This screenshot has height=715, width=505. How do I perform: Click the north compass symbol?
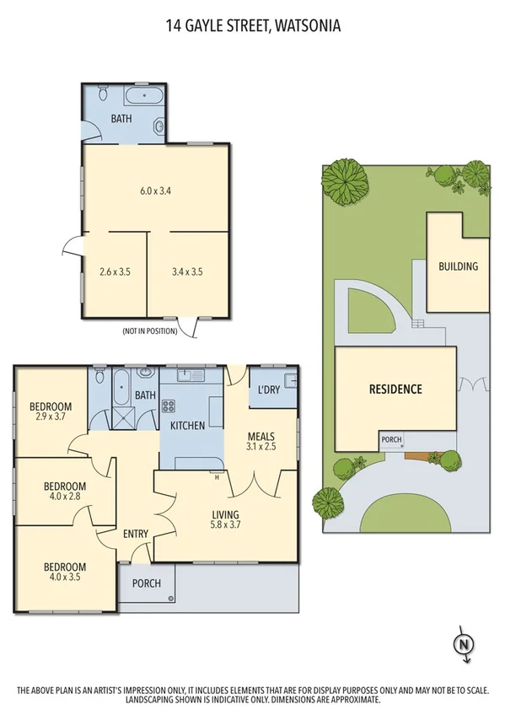point(462,645)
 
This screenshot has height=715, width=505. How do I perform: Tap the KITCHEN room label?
point(187,426)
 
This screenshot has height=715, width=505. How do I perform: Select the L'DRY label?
point(269,390)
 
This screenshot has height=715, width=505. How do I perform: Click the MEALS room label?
point(261,436)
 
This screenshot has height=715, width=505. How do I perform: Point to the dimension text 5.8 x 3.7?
point(225,526)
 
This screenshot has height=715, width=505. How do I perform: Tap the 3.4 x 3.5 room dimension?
point(186,271)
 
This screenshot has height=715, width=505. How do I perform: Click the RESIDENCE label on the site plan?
point(395,390)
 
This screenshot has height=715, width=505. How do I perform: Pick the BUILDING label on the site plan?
point(458,266)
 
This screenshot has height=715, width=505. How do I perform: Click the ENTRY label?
point(136,533)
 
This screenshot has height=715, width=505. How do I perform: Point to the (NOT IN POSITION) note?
point(150,331)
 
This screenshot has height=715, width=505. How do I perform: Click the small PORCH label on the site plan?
point(391,439)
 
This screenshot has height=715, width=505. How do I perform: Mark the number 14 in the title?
point(174,26)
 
